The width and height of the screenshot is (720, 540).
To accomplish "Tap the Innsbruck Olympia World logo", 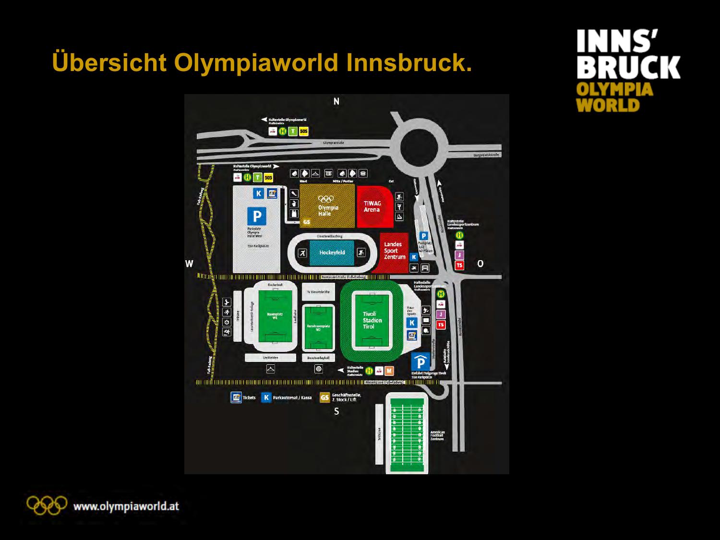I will click(628, 70).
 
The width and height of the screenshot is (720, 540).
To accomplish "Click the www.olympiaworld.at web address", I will click(126, 506).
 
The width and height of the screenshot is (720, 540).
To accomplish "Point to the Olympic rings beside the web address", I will click(47, 505).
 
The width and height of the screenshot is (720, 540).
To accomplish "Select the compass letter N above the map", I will click(336, 101).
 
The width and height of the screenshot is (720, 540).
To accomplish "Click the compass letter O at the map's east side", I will click(480, 264).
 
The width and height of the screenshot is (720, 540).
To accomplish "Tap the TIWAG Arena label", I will click(372, 206).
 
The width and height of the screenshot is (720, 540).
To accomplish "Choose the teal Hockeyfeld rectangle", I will click(332, 252).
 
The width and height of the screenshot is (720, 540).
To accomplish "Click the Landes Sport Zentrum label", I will click(394, 251).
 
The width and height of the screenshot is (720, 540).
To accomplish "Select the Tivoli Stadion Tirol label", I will click(372, 320).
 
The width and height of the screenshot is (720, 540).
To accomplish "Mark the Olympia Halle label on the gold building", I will click(328, 211).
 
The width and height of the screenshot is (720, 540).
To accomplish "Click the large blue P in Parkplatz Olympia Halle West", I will click(257, 216).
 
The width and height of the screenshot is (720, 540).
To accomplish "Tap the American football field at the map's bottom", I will click(407, 433).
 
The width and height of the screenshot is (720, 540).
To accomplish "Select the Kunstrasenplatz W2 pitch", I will click(318, 328).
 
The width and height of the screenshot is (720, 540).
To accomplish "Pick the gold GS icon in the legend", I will click(325, 397).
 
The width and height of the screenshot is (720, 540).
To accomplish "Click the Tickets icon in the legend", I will click(236, 397).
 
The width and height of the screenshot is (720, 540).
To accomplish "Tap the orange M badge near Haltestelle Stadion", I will click(389, 371).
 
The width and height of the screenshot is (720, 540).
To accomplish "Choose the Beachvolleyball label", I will click(318, 358).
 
